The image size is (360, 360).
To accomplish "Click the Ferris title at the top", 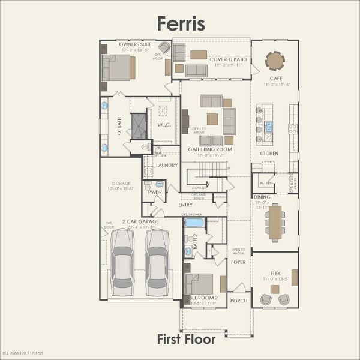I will coord(181,23).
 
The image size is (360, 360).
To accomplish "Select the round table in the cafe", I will coord(275,61).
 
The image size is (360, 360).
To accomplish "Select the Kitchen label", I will coord(269,154).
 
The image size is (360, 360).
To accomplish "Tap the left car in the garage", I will coord(123,259).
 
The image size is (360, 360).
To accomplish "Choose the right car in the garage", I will coord(158,259).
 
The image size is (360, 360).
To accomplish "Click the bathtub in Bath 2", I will coord(194,223).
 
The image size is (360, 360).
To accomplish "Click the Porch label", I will coord(239,301).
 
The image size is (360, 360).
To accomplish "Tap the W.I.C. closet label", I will coord(164,124).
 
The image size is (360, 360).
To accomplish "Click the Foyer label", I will coord(238,262).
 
